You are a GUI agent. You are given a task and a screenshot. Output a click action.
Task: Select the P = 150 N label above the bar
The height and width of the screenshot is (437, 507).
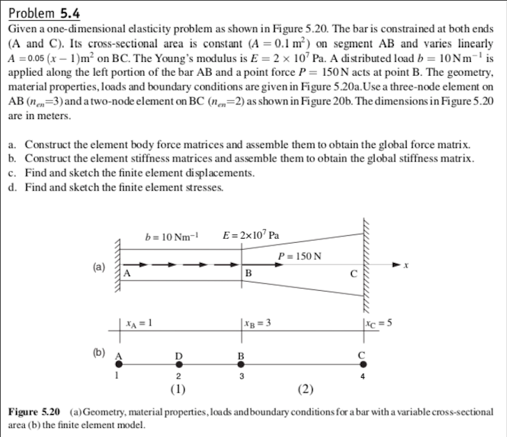(299, 255)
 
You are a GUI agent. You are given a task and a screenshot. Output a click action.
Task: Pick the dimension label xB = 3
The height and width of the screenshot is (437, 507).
(257, 324)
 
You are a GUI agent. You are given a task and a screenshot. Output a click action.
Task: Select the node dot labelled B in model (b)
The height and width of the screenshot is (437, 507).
(241, 366)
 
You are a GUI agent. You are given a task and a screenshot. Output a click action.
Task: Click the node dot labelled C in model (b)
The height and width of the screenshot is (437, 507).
(362, 366)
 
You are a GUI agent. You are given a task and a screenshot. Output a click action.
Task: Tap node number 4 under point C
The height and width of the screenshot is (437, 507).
(362, 378)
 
